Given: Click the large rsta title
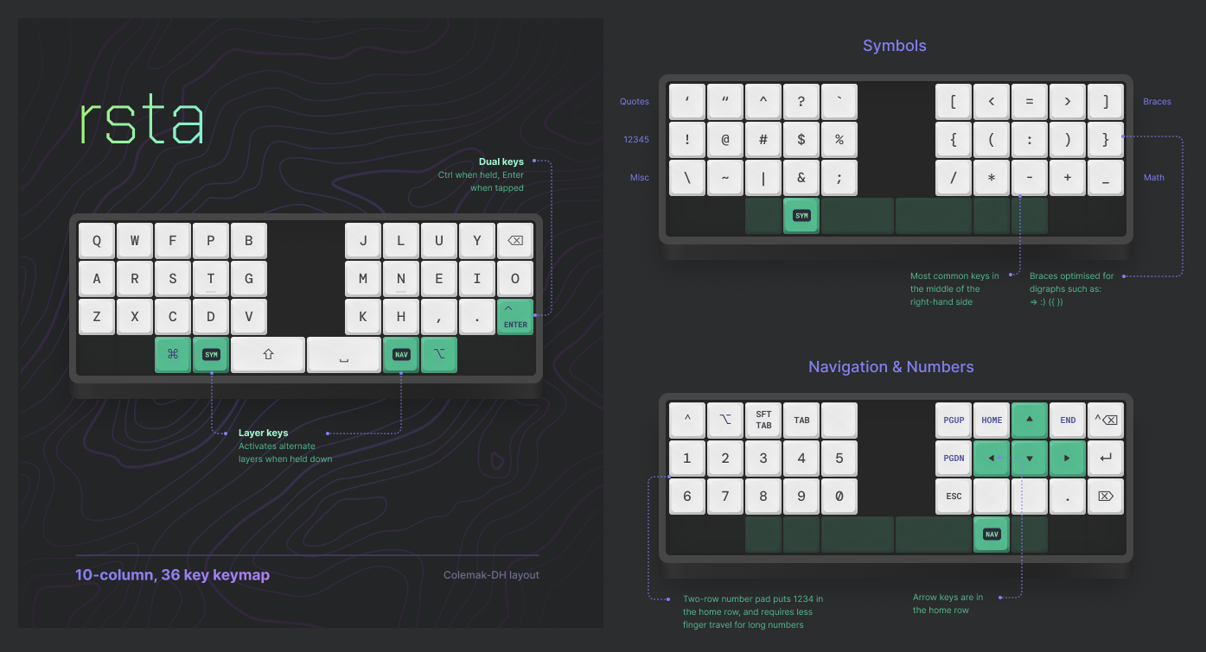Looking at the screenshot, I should point(142,122).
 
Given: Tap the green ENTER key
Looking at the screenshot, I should point(515,316).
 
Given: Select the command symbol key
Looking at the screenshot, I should point(173,354).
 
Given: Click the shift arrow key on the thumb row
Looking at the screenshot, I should point(268,354).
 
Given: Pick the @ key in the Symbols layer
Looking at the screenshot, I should point(725,140).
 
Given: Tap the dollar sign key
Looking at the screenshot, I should point(801,140).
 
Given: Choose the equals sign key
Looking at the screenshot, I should point(1030,102).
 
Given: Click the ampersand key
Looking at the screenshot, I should point(801,178).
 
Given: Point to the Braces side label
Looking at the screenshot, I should point(1157,102).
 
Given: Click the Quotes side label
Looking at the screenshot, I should point(635,102).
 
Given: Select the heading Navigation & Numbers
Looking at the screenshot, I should point(890,367).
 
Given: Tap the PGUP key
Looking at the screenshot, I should point(954,421).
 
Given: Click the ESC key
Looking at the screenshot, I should point(954,497).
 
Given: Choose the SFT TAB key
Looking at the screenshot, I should point(763,421).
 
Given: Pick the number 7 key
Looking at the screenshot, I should point(725,497).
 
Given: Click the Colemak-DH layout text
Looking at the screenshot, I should point(491,575).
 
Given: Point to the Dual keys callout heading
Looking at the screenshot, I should point(501,161).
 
